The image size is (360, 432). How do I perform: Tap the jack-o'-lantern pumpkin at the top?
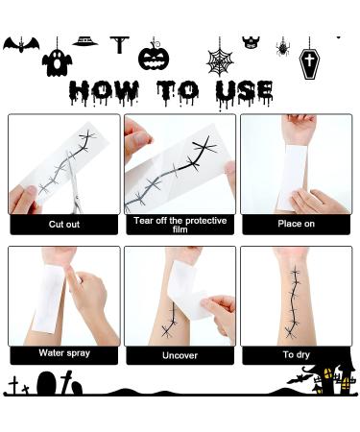154,56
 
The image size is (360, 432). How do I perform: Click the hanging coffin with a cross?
309,61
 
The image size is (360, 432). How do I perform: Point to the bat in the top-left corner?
20,45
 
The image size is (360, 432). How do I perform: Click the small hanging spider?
283,46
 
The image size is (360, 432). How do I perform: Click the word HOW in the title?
107,92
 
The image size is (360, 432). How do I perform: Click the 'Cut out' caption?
64,225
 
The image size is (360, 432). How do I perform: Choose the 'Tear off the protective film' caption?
180,225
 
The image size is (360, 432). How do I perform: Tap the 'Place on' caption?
296,225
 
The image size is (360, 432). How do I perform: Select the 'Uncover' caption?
180,355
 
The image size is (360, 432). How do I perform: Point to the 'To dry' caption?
296,355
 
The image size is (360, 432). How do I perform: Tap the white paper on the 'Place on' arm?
292,177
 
